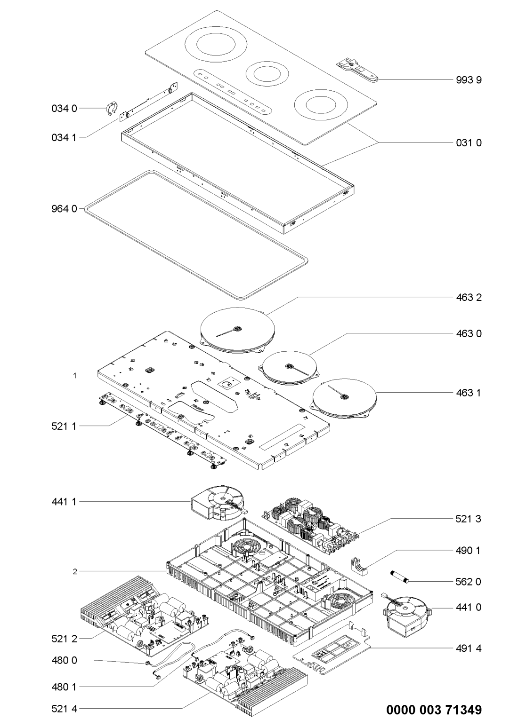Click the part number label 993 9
[469, 80]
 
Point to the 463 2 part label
[469, 297]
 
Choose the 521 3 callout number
[469, 519]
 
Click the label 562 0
[469, 582]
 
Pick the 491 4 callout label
[469, 648]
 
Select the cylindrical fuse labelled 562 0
[400, 576]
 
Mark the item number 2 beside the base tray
[75, 572]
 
